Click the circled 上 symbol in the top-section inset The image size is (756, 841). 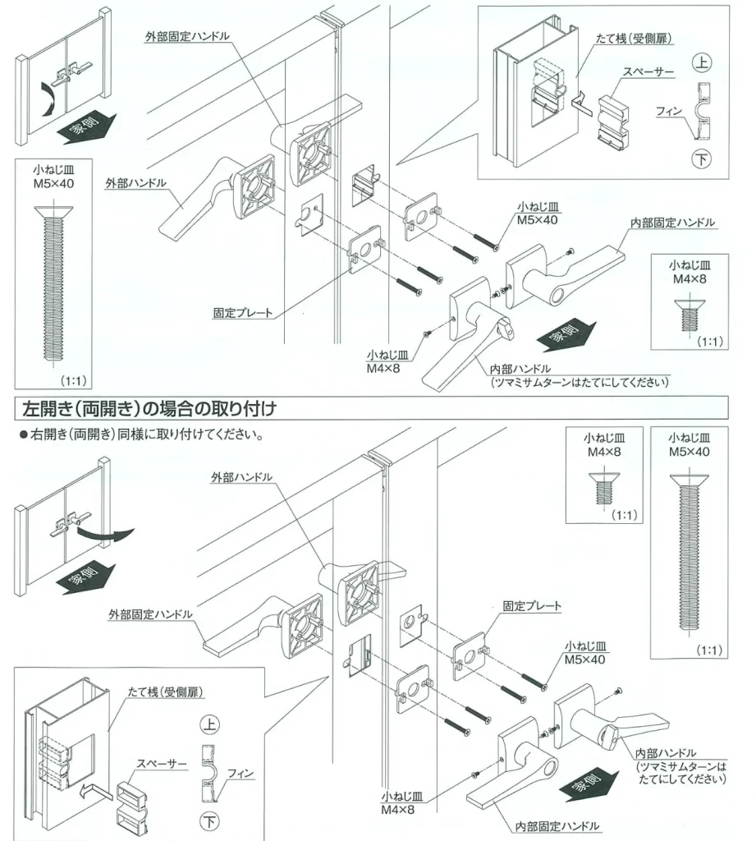701,62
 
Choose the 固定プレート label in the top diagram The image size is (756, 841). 242,313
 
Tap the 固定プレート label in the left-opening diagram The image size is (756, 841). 532,606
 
